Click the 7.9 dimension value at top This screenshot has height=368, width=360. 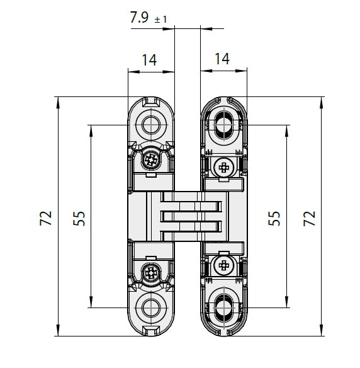(x=139, y=17)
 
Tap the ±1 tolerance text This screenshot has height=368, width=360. (x=160, y=20)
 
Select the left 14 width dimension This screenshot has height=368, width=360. (x=149, y=60)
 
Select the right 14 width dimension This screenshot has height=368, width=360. (x=222, y=59)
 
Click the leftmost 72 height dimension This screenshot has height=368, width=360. (x=46, y=218)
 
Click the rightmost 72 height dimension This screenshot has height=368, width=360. (x=309, y=218)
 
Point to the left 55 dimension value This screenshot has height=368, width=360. (x=79, y=218)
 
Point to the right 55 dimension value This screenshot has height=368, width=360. (x=274, y=218)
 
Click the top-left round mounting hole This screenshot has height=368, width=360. (x=151, y=125)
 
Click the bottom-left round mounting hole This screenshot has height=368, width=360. (x=151, y=308)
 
